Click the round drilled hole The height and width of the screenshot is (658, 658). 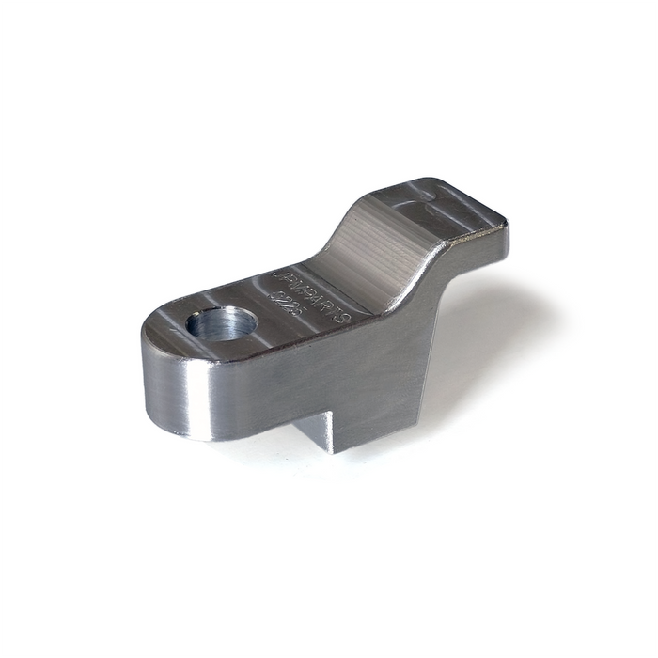click(x=222, y=325)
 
